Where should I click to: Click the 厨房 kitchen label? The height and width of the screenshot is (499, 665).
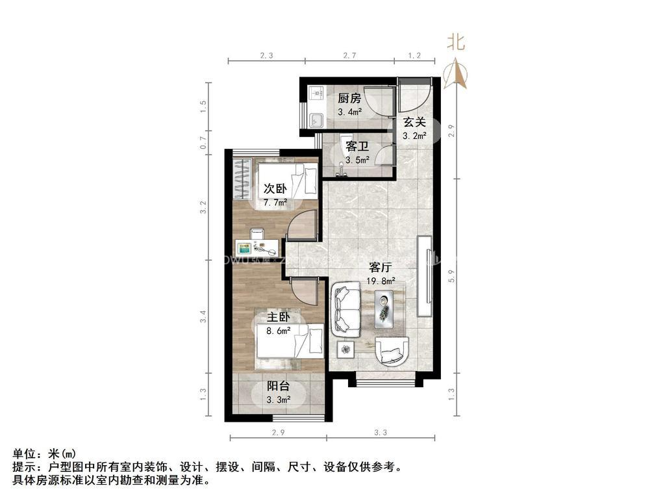pos(349,99)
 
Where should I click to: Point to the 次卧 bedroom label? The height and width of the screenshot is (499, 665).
pos(275,189)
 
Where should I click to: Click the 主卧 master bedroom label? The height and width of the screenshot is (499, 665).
pos(278,317)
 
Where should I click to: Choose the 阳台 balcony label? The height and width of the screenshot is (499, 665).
pos(278,385)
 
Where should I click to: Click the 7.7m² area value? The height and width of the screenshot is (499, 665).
pos(275,203)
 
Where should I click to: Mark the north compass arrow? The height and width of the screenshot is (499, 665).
pos(459,73)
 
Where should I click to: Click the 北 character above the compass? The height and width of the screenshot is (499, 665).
pos(456,43)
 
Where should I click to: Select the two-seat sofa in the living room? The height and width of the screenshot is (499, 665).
pos(346,309)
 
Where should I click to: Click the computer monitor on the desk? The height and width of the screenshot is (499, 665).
pos(245,248)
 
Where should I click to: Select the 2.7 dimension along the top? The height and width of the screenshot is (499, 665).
pos(349,56)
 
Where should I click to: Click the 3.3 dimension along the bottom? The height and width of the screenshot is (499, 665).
pos(381,433)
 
